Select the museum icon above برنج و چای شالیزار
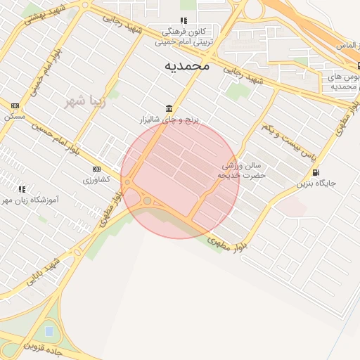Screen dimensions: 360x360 [x=169, y=108]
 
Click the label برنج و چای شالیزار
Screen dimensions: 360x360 [x=169, y=120]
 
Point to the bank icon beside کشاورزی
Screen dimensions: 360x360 [x=96, y=169]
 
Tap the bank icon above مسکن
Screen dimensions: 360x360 [x=15, y=105]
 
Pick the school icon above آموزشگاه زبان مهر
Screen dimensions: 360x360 [x=22, y=188]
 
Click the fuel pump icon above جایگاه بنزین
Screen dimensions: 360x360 [x=315, y=172]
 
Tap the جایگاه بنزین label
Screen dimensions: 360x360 [x=316, y=184]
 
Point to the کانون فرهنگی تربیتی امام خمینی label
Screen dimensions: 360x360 [x=184, y=37]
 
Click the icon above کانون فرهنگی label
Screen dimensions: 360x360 [x=184, y=21]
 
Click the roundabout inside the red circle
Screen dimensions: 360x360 [x=146, y=201]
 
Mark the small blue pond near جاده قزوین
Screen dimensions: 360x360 [x=49, y=330]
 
